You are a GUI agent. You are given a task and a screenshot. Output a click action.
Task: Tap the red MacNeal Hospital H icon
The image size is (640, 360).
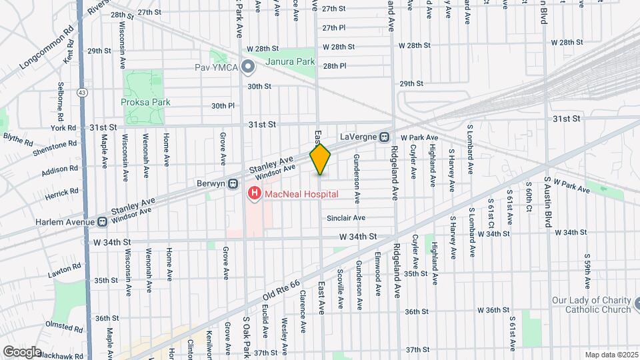(254, 195)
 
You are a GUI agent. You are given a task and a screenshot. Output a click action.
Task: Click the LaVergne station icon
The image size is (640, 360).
(385, 137)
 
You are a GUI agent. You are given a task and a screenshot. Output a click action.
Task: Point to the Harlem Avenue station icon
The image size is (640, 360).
(103, 221)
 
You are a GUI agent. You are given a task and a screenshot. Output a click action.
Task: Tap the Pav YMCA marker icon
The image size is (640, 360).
(248, 67)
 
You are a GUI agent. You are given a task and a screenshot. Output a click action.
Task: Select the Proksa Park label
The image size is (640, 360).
(145, 102)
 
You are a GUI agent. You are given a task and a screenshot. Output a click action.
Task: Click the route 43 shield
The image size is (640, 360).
(81, 91)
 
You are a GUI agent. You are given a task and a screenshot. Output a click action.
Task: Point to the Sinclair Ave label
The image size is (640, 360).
(346, 218)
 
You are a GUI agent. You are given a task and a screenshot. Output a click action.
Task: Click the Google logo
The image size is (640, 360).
(21, 351)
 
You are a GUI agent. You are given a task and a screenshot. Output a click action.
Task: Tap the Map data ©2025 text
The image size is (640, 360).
(611, 355)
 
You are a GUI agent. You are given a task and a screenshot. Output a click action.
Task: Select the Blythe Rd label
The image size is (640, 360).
(18, 139)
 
